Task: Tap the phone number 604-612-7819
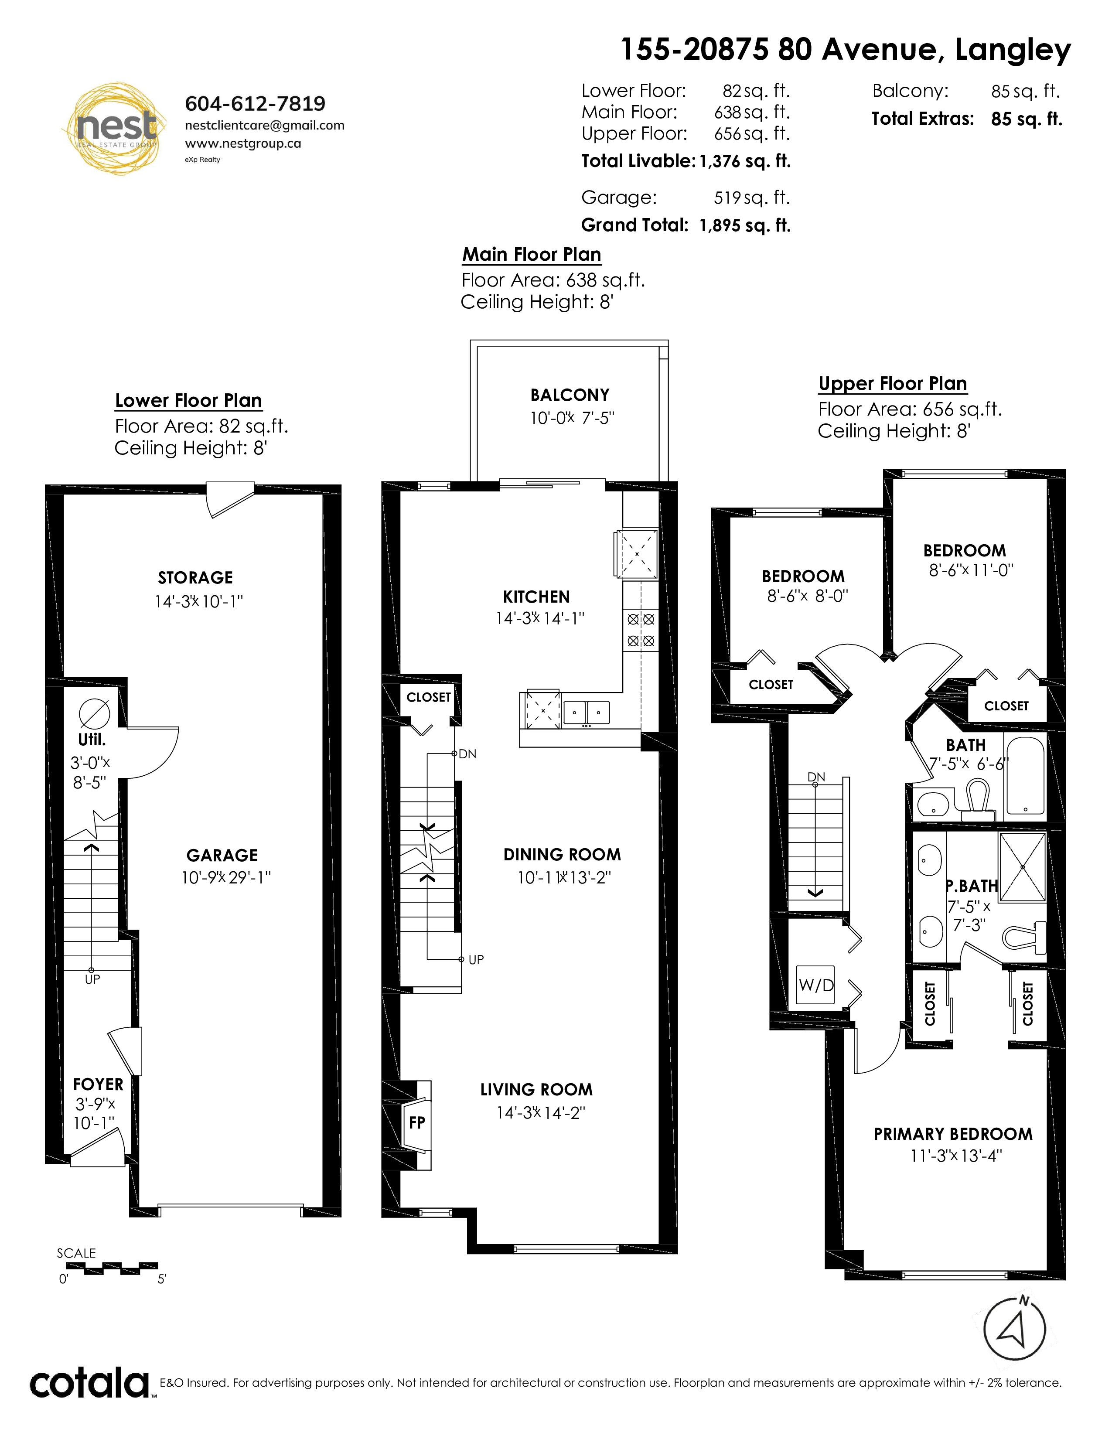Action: pyautogui.click(x=255, y=103)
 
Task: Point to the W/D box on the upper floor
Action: pyautogui.click(x=815, y=985)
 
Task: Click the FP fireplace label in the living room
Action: pyautogui.click(x=417, y=1122)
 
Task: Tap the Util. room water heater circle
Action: pyautogui.click(x=94, y=713)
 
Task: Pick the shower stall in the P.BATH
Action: pyautogui.click(x=1023, y=866)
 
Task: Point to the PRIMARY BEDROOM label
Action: pyautogui.click(x=952, y=1134)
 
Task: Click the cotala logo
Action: pyautogui.click(x=89, y=1384)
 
